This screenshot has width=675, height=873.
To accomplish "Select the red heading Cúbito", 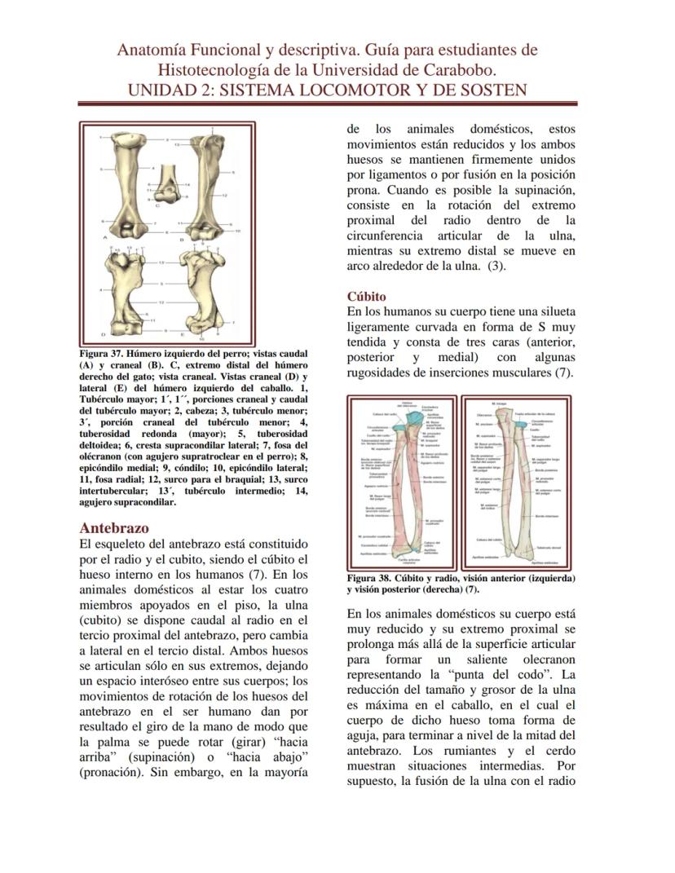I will (366, 297).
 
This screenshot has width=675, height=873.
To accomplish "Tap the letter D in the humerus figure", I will (103, 333).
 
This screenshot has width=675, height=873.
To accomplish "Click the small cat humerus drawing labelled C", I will (167, 181).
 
